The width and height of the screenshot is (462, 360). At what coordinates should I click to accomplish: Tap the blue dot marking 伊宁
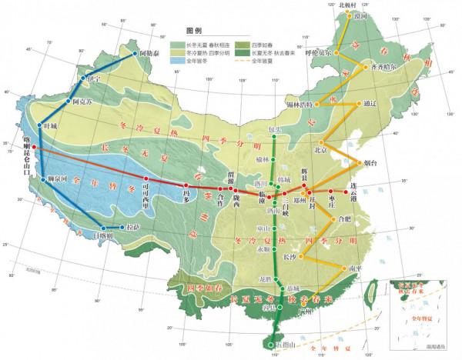point(83,78)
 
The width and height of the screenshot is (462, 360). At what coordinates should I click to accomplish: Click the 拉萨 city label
point(133,227)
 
